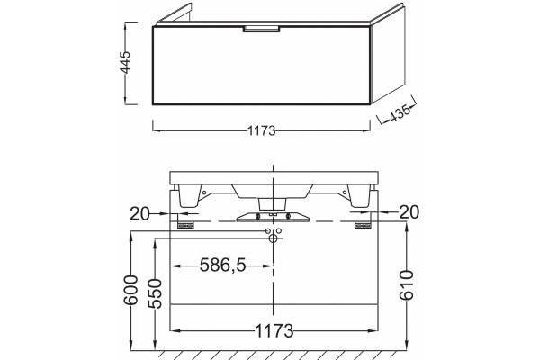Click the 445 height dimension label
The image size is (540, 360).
click(x=125, y=62)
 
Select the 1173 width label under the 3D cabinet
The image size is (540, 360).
click(x=262, y=130)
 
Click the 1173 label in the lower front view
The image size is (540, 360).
click(x=274, y=331)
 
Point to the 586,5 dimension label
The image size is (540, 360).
click(x=223, y=265)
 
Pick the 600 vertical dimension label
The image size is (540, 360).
click(x=130, y=290)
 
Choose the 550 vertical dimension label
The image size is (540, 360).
click(x=155, y=293)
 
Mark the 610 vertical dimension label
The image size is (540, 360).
click(x=408, y=285)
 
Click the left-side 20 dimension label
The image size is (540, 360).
click(x=139, y=214)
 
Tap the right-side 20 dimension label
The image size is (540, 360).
click(x=409, y=212)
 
